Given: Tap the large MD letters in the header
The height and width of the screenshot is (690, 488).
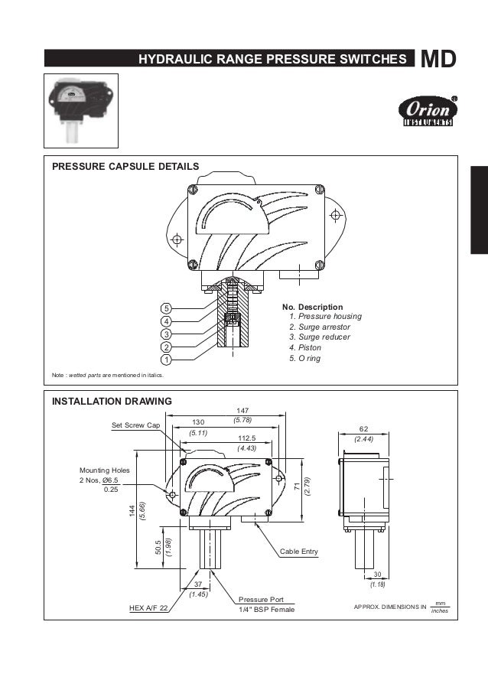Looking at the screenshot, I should click(x=439, y=59).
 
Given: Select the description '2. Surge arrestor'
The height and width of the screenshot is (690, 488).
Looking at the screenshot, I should click(x=319, y=327).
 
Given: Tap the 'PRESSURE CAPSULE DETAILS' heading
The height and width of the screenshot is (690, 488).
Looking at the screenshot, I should click(x=125, y=166).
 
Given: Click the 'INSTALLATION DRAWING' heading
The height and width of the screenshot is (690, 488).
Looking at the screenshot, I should click(x=112, y=401).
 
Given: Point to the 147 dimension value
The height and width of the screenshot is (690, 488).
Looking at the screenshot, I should click(x=242, y=411).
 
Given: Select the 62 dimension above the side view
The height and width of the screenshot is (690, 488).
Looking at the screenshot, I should click(x=364, y=430).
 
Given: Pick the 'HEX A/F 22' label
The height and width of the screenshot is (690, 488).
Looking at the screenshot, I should click(x=148, y=609).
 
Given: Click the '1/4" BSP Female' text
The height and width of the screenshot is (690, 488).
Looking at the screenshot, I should click(x=266, y=610).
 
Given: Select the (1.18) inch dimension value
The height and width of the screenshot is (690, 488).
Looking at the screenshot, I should click(x=377, y=584).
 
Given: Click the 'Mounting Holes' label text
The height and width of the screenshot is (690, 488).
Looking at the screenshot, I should click(x=106, y=470).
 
